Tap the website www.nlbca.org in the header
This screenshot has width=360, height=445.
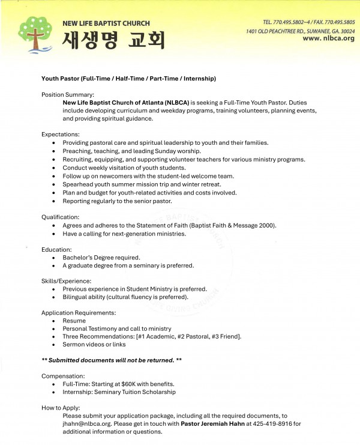pos(328,38)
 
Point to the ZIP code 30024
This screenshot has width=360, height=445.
pos(346,30)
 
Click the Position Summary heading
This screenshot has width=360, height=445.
pos(67,95)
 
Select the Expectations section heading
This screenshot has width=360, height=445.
pos(60,134)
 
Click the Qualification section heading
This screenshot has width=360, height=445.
pos(61,216)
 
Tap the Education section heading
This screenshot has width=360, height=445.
pos(57,249)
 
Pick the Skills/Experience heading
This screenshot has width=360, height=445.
pos(66,280)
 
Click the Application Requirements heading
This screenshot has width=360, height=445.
pos(79,312)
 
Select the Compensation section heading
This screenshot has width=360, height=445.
pos(63,375)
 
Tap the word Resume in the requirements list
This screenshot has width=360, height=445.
pos(74,321)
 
